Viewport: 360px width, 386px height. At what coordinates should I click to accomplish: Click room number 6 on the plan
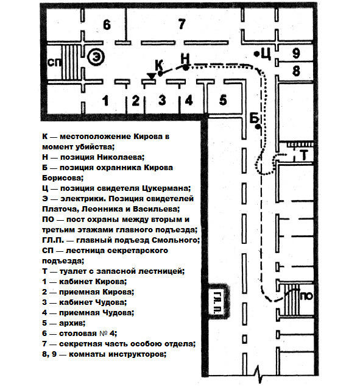point(107,25)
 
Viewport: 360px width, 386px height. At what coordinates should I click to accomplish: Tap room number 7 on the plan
point(182,24)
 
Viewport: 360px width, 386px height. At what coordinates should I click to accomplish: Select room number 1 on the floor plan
point(105,101)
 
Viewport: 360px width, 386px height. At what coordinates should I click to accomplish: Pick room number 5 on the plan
point(223,100)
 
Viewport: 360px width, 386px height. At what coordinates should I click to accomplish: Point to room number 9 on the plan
point(296,53)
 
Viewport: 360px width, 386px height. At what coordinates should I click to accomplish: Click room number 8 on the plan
point(296,71)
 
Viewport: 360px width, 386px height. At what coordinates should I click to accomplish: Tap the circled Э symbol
point(96,57)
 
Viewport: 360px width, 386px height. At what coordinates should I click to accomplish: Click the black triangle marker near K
point(151,76)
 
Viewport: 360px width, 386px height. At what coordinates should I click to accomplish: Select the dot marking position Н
point(186,67)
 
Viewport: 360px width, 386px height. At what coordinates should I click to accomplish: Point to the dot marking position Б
point(258,127)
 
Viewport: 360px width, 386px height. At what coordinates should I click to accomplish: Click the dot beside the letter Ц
point(256,54)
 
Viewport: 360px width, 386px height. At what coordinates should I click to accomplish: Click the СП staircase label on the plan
point(54,63)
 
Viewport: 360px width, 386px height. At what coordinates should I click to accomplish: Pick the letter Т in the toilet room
point(304,155)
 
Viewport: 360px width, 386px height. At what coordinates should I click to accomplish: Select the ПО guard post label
point(306,296)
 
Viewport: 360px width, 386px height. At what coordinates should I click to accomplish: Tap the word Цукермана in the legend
point(166,188)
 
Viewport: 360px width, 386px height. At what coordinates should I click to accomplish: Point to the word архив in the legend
point(72,323)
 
